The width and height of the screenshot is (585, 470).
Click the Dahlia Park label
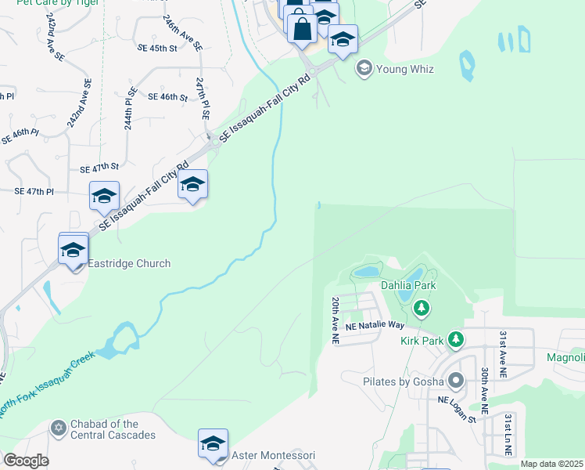406,286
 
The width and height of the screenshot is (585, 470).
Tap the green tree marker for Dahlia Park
422,308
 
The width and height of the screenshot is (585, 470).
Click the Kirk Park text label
423,341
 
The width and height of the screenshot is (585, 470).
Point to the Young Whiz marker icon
364,69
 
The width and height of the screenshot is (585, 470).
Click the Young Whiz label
405,69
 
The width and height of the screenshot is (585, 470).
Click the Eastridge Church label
129,263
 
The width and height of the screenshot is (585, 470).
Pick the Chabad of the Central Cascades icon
57,428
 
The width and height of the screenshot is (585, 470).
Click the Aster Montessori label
274,455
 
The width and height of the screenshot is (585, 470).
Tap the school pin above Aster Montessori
213,443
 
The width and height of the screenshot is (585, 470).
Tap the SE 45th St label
157,48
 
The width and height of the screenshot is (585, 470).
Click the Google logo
26,460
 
